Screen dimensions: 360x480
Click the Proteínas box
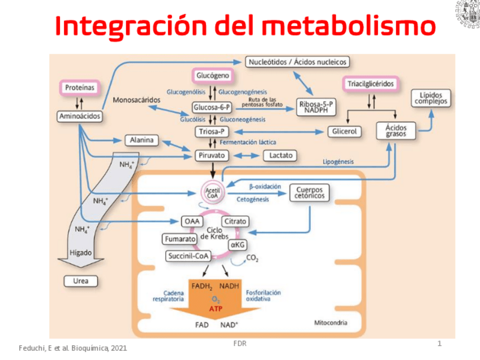(x=79, y=88)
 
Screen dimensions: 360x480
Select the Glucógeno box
(x=212, y=75)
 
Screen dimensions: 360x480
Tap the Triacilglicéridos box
(x=370, y=84)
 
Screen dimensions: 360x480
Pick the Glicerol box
(x=344, y=131)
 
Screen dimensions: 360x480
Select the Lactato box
(x=281, y=155)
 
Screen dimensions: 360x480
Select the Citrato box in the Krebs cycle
(x=234, y=221)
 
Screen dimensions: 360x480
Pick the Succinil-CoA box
(x=188, y=256)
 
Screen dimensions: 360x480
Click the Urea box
(x=81, y=281)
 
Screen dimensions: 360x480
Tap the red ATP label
(x=216, y=309)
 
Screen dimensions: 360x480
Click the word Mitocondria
(x=331, y=323)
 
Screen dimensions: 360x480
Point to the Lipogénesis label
(x=338, y=162)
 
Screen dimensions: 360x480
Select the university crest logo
(x=467, y=14)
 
